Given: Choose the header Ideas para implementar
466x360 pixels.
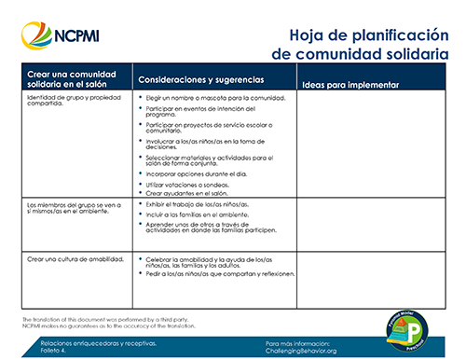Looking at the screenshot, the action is (x=350, y=85).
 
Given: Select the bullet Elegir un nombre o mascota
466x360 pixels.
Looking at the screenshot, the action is (x=212, y=97).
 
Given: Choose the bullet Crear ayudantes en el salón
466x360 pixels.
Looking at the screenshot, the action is (x=194, y=192).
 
